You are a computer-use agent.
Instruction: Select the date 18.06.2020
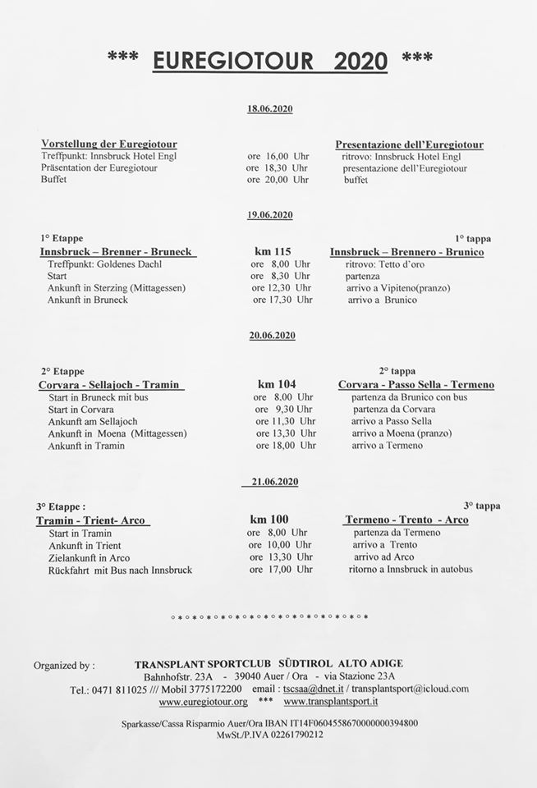coord(270,109)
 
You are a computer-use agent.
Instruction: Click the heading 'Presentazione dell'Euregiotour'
coord(409,144)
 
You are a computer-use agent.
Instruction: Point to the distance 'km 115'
coord(274,252)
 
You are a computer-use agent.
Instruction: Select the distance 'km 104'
coord(277,384)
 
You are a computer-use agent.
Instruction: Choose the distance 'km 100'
coord(269,520)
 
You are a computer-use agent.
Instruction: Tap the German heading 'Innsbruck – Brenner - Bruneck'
coord(118,252)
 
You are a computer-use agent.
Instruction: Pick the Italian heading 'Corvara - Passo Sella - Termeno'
coord(416,384)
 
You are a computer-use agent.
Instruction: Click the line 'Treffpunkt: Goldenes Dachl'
coord(104,264)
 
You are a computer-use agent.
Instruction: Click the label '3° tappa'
coord(482,506)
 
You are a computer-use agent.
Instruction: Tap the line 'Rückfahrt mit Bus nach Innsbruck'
coord(120,570)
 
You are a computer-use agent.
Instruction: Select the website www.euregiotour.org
coord(203,702)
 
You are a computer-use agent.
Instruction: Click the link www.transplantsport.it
coord(330,702)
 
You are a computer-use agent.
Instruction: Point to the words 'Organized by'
coord(64,664)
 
